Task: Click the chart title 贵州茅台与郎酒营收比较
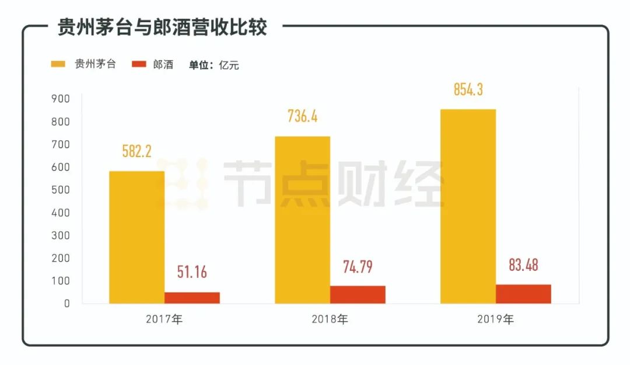click(162, 27)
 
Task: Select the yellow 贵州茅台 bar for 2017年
click(136, 237)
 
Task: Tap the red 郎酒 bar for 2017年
click(192, 297)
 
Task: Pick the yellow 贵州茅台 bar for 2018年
click(302, 220)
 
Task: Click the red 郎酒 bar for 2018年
click(358, 294)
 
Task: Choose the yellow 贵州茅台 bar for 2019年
click(468, 206)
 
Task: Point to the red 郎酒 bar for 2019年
click(523, 294)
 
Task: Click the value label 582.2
click(136, 151)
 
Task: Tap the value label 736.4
click(302, 116)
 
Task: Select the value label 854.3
click(468, 89)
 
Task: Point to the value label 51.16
click(192, 272)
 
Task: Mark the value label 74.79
click(358, 266)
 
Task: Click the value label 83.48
click(523, 265)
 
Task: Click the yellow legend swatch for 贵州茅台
click(58, 64)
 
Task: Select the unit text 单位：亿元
click(213, 65)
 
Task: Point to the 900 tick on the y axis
click(60, 99)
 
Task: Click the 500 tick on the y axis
click(60, 190)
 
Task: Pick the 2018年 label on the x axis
click(330, 319)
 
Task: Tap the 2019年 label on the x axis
click(495, 319)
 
